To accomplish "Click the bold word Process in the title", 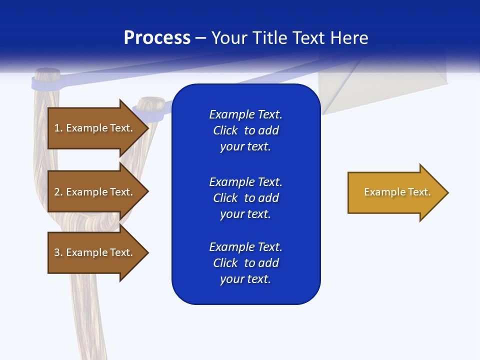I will click(157, 38).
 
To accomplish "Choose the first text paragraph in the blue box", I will click(245, 130).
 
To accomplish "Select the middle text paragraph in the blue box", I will click(245, 197).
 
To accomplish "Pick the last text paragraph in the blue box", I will click(245, 263).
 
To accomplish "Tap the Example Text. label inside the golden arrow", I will click(397, 192).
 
